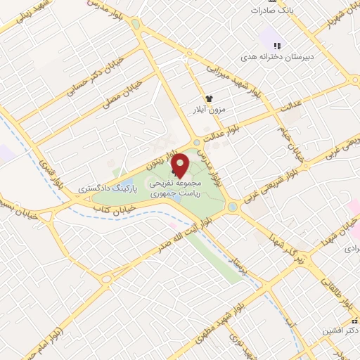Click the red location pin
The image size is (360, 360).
pos(181,163)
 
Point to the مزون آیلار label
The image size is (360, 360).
pos(208,110)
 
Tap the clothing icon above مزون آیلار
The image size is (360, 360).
pos(208,99)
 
